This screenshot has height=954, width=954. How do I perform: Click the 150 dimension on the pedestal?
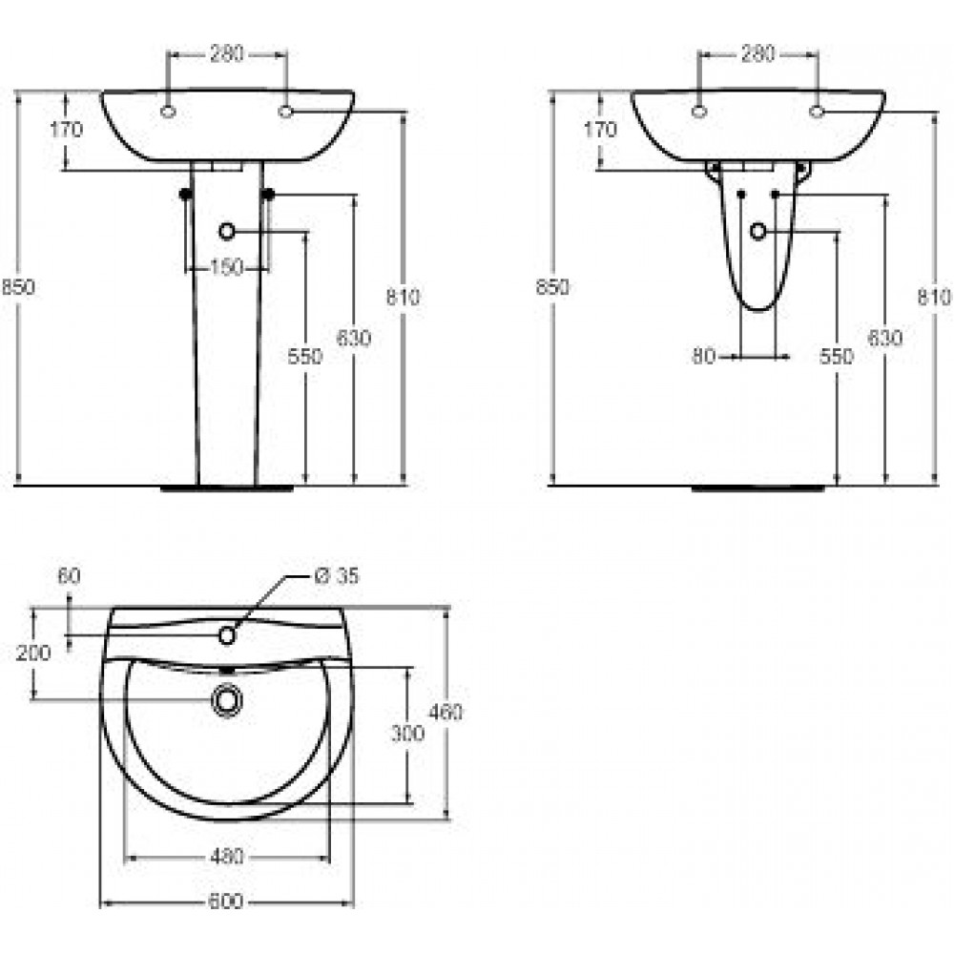point(226,267)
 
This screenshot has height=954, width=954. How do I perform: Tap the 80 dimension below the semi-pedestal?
point(703,356)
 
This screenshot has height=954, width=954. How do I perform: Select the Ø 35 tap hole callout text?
point(337,575)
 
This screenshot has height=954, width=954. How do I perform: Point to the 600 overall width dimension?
point(226,902)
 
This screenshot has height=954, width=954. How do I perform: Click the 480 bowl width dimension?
point(227,856)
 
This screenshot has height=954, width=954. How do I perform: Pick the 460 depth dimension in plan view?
point(446,712)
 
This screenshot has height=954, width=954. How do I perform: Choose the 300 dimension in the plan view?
point(407,734)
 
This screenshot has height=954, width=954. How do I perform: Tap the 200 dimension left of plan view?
point(33,653)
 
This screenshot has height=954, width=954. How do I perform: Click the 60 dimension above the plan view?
point(69,575)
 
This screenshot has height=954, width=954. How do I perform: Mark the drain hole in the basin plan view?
point(227,700)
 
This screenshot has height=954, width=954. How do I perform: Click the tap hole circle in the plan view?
point(227,635)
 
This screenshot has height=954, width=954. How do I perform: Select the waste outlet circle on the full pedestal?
point(226,231)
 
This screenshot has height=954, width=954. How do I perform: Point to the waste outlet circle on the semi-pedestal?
point(758,231)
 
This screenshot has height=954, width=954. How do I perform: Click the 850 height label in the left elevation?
point(18,286)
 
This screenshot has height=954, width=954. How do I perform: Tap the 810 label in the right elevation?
point(934,297)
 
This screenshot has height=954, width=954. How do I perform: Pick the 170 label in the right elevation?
point(600,130)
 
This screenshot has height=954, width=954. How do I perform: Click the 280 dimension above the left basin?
point(227,54)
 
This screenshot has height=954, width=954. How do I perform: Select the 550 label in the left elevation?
point(305,356)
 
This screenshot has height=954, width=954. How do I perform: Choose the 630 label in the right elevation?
point(884,338)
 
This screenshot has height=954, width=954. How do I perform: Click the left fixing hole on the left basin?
point(169,112)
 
